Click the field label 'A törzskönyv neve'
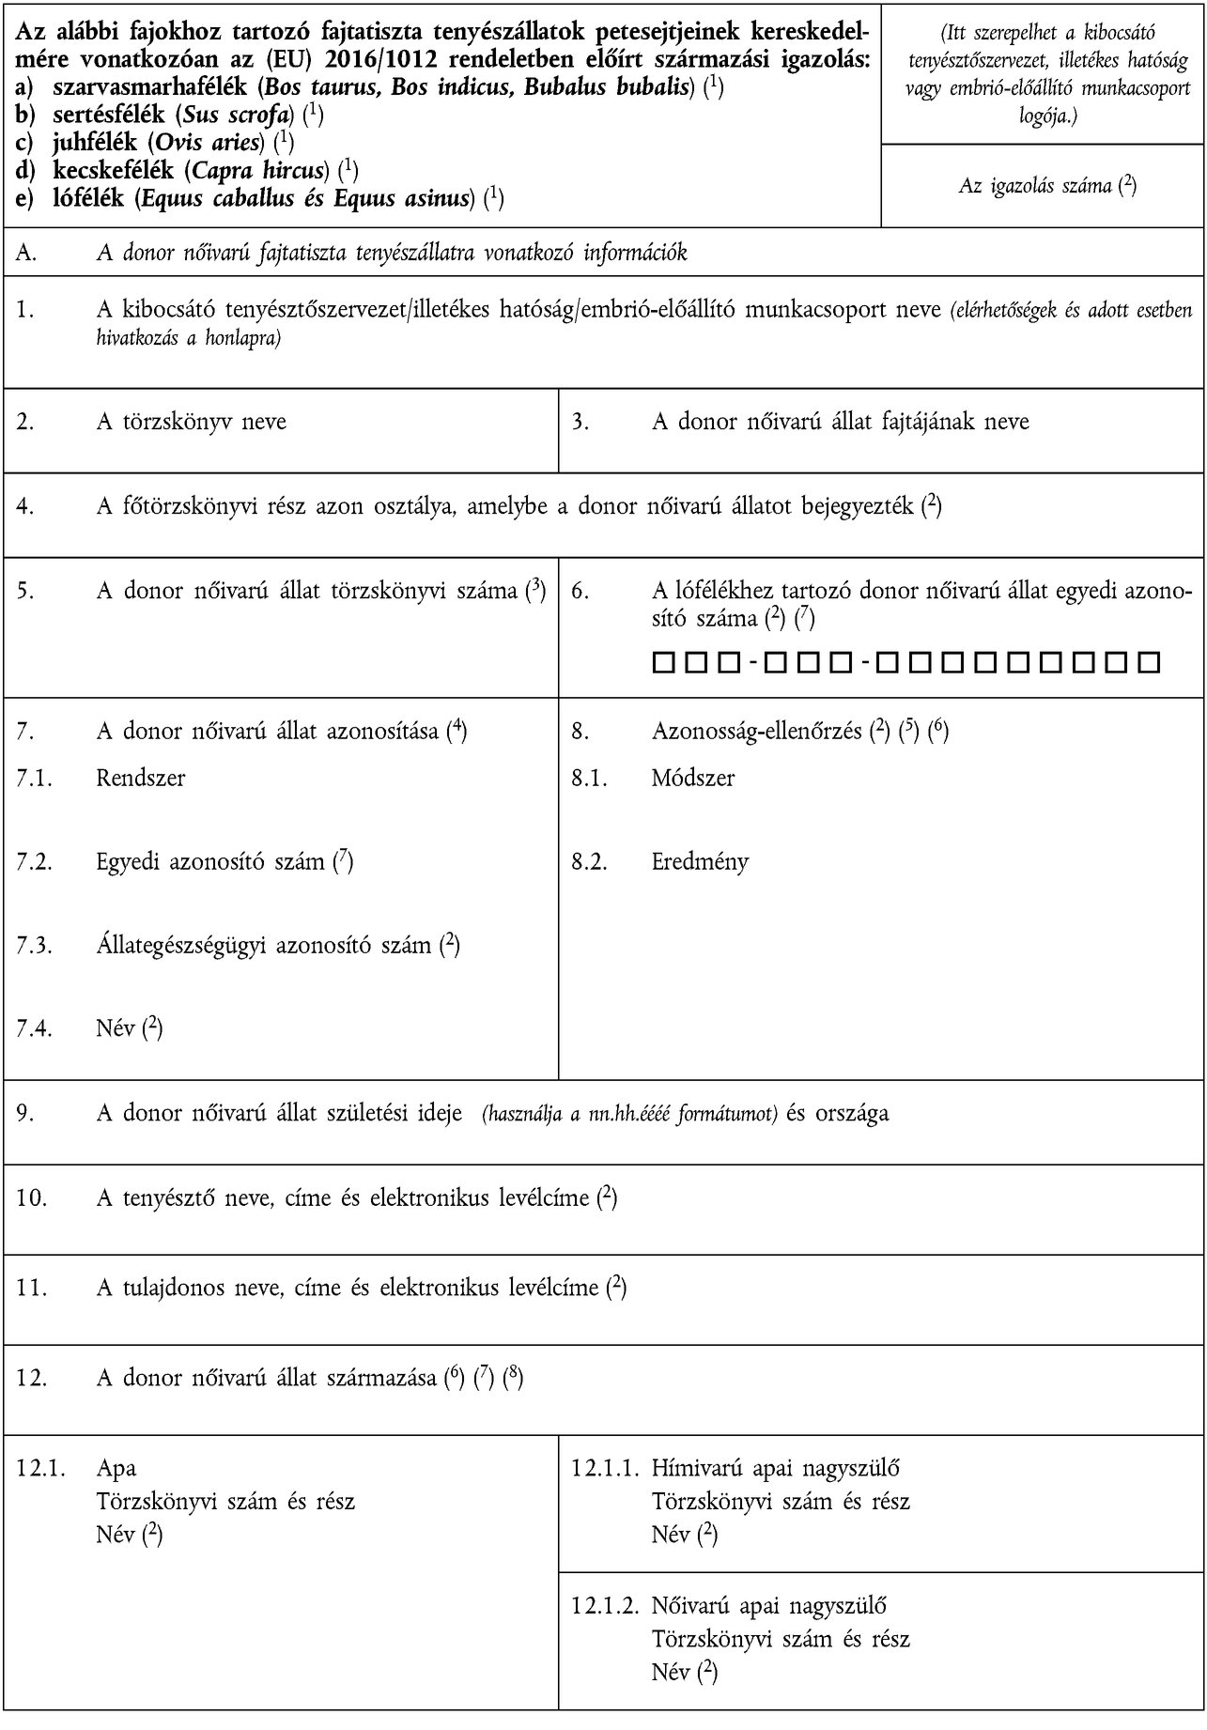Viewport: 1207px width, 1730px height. click(x=191, y=422)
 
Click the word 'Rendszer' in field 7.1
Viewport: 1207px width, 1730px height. click(x=141, y=778)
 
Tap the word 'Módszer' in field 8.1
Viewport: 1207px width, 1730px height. click(x=693, y=778)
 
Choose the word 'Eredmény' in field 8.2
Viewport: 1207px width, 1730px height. click(x=700, y=861)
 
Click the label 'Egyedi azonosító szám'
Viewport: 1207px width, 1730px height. click(x=210, y=861)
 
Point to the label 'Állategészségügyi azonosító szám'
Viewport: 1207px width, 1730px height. click(x=263, y=945)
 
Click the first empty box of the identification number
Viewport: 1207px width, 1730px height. click(x=660, y=664)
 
